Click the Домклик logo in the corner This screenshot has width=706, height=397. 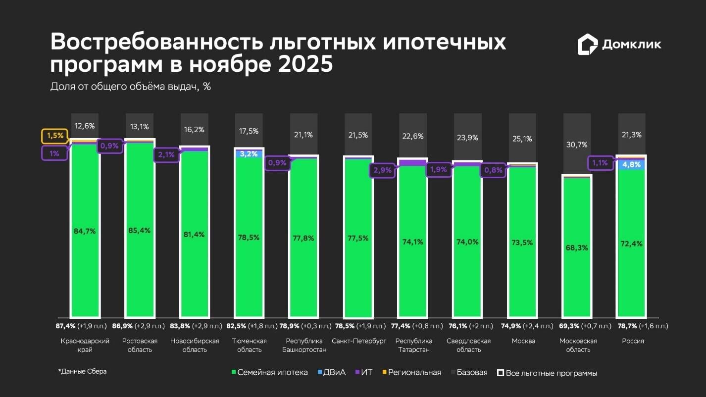pyautogui.click(x=619, y=44)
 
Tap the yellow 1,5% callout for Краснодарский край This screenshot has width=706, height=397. pyautogui.click(x=55, y=135)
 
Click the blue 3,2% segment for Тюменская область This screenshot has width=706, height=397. pyautogui.click(x=249, y=153)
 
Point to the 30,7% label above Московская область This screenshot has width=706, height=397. pyautogui.click(x=577, y=145)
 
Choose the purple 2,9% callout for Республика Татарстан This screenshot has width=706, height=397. pyautogui.click(x=382, y=170)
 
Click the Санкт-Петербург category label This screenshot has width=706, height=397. pyautogui.click(x=359, y=341)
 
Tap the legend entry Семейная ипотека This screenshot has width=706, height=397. pyautogui.click(x=269, y=372)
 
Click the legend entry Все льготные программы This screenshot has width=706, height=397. pyautogui.click(x=547, y=373)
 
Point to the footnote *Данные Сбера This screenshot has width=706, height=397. pyautogui.click(x=82, y=371)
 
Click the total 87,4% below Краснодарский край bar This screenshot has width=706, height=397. pyautogui.click(x=65, y=326)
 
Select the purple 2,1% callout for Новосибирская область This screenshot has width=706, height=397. pyautogui.click(x=166, y=155)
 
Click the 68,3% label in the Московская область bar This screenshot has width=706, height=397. pyautogui.click(x=577, y=248)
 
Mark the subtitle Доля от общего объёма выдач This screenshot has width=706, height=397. pyautogui.click(x=130, y=86)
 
